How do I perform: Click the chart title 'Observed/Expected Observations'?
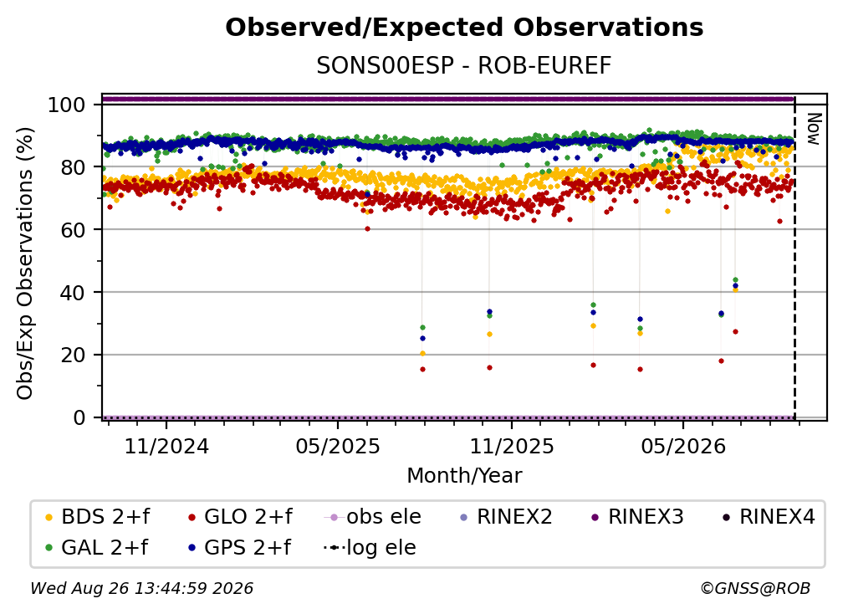pos(464,28)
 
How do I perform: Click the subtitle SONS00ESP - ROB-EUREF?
pos(464,65)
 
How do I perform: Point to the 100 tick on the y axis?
pos(67,105)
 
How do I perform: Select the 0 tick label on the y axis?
pos(79,417)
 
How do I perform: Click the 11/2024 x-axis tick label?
pos(166,446)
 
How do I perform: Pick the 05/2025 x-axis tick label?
pos(338,446)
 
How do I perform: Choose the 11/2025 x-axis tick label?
pos(512,446)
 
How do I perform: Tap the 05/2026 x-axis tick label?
pos(683,446)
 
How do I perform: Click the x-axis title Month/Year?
pos(464,476)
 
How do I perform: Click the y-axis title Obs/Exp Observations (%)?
pos(25,264)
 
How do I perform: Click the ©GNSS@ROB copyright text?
pos(755,589)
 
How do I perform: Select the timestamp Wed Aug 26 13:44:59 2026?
pos(142,589)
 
